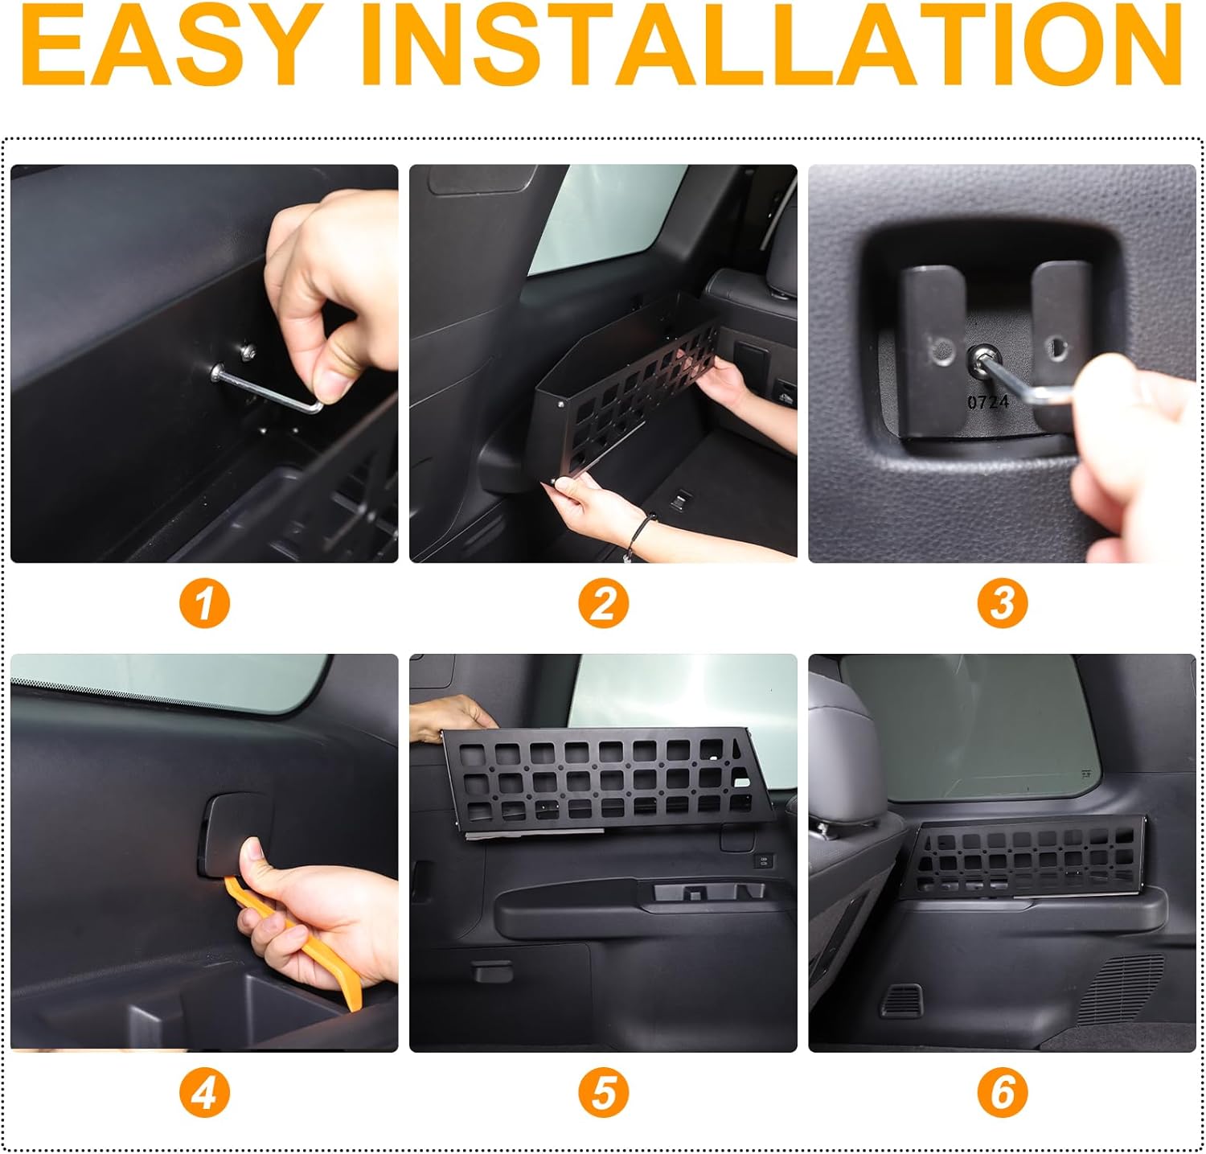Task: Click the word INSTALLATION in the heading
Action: tap(772, 46)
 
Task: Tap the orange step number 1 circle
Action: tap(204, 603)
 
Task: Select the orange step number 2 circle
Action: tap(603, 603)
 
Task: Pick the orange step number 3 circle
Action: tap(1002, 603)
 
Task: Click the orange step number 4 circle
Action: tap(204, 1093)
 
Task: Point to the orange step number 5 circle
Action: tap(603, 1093)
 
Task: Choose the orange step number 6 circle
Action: tap(1002, 1093)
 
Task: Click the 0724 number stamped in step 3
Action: tap(987, 401)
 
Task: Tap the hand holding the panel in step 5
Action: tap(446, 716)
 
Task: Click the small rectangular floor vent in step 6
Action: tap(901, 1000)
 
